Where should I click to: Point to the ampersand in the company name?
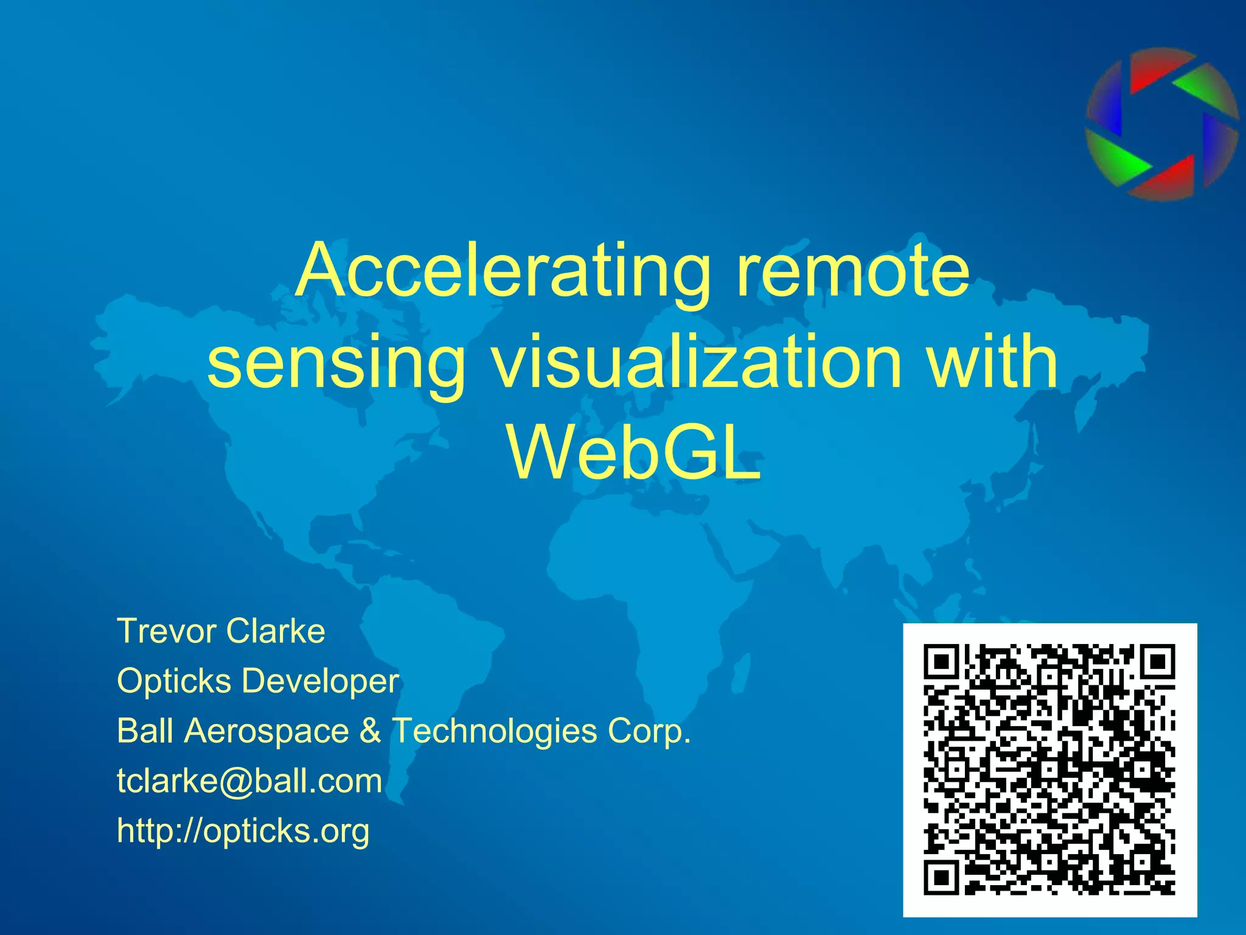369,730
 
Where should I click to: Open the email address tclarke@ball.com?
249,781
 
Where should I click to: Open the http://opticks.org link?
243,831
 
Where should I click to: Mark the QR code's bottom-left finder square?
942,877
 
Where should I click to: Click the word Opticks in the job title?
173,681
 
